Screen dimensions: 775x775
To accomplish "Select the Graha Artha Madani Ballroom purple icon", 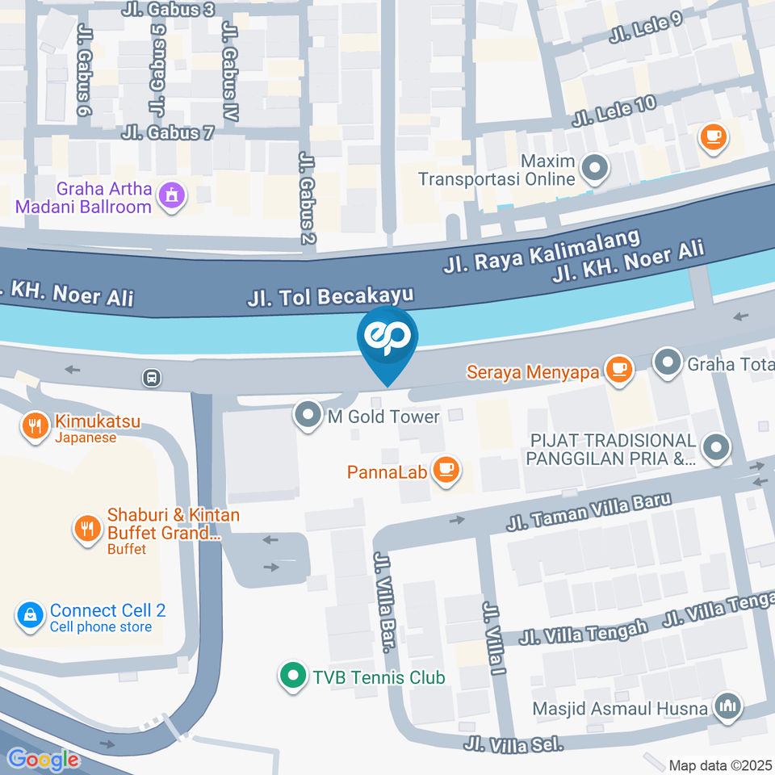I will click(171, 195).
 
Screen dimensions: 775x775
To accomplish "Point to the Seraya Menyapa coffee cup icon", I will click(619, 369).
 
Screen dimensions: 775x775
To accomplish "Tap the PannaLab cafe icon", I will click(445, 469).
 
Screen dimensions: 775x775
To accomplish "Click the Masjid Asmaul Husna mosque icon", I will click(729, 706).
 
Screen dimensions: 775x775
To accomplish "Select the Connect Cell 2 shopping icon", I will click(30, 617).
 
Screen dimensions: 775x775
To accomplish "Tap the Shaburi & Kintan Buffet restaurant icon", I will click(86, 529).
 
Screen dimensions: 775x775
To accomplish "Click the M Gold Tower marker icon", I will click(307, 416).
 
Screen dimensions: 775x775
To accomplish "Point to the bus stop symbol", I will click(151, 377).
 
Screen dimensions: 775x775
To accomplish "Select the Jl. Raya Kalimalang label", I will click(542, 251).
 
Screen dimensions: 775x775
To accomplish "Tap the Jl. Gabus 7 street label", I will click(169, 132).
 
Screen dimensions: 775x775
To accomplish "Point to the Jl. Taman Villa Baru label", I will click(589, 512).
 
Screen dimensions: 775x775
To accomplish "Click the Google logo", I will click(43, 759).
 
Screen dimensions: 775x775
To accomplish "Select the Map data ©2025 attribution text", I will click(720, 765).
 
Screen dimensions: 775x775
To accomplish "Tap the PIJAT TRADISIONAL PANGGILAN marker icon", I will click(715, 446).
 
